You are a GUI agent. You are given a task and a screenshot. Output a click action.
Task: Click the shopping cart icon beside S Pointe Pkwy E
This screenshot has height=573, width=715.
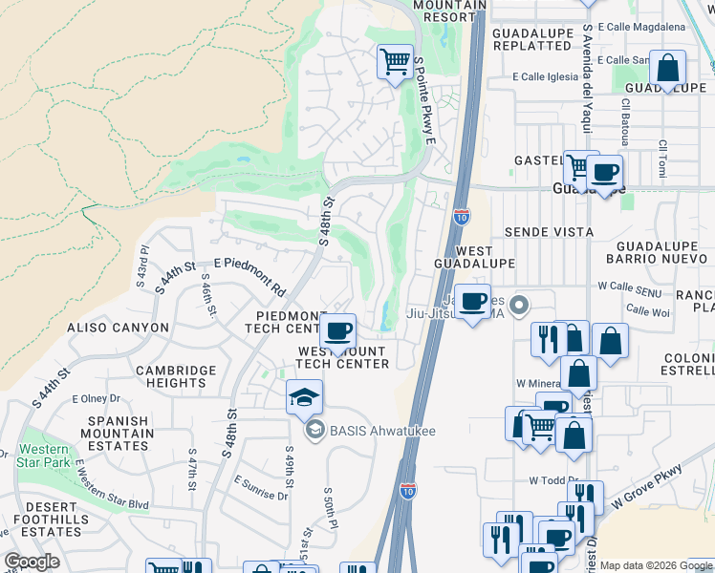(395, 62)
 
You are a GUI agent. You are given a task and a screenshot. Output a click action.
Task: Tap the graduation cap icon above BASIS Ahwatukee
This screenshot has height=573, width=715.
(305, 397)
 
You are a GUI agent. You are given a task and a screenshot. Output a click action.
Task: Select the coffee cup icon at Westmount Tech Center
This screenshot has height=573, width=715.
(336, 332)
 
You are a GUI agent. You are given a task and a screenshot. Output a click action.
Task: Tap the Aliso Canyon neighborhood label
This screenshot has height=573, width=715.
(118, 328)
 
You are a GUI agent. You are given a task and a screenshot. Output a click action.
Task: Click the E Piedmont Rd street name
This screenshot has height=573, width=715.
(250, 275)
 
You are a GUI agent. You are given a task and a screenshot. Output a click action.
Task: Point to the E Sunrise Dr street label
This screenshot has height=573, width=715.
(260, 490)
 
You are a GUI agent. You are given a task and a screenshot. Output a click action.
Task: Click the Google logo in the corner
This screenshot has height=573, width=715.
(32, 562)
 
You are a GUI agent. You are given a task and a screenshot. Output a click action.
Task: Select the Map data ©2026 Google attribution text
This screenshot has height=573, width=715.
(656, 565)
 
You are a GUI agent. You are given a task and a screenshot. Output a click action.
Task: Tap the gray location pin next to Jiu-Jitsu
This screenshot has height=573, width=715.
(519, 306)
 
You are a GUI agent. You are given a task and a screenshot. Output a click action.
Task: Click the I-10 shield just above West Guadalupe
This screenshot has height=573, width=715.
(462, 218)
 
